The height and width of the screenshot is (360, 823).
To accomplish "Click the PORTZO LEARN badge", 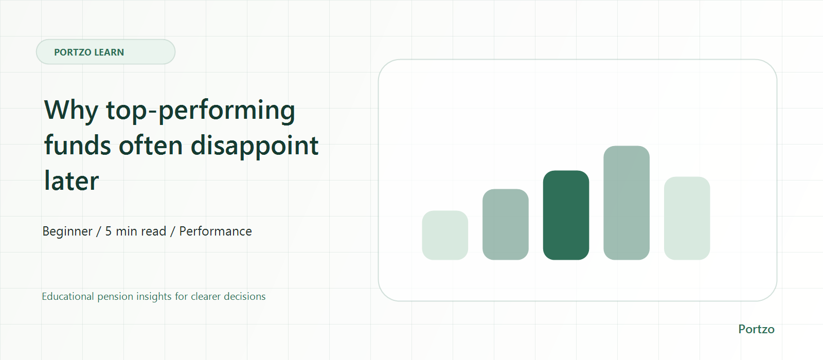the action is coord(105,52).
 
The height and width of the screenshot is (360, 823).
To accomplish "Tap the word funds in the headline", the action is coord(77,145).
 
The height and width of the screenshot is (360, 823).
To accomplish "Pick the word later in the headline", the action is coord(71,181).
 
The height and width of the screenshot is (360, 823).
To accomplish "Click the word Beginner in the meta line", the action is coord(67,231).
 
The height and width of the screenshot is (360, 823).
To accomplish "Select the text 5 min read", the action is coord(136,231).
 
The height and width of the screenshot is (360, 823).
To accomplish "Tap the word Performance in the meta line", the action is coord(216,231).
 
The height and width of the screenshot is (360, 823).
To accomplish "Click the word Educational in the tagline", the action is coord(68,296).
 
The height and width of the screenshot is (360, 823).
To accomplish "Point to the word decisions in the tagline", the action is coord(244,296).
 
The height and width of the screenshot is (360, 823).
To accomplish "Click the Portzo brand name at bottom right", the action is coord(756,329).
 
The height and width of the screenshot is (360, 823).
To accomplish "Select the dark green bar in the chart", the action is coord(566,215).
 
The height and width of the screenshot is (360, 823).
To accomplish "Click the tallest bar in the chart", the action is coord(627,203).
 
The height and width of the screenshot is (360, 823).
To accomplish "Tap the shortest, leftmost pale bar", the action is coord(445,235).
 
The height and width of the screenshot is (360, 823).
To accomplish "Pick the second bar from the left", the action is coord(506,224).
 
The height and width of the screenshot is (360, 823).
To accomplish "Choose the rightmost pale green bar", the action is coord(687,218).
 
